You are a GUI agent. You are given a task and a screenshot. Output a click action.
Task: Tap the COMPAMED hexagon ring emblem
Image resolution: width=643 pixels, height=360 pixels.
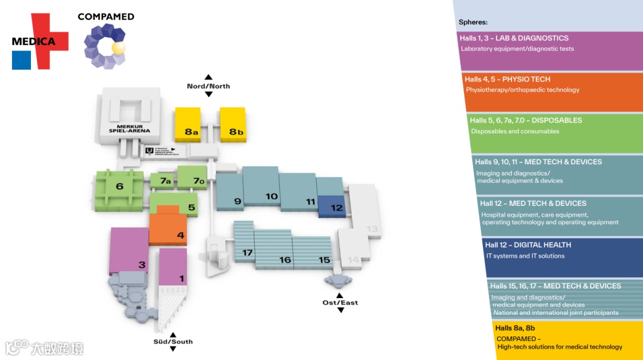pos(105,46)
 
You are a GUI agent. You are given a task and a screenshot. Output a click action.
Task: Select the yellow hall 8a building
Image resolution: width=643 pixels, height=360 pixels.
pos(188,124)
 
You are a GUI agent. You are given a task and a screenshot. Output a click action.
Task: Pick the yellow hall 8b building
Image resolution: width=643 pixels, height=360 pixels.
pos(233,124)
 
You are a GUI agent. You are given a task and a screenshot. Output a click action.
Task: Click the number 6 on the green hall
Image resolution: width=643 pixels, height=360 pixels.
pos(120,187)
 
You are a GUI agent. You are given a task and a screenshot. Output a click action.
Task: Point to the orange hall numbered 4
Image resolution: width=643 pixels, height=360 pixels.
pos(168,228)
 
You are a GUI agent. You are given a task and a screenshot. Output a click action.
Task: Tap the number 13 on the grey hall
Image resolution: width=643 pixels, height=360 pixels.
pos(372,228)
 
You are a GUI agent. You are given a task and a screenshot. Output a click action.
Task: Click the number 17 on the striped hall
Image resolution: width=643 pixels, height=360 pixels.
pos(248,252)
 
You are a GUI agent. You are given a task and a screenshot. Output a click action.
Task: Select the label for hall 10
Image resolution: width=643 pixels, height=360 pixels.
pos(271,196)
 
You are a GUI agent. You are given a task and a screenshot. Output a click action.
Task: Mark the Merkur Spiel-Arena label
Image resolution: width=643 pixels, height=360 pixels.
pos(129,128)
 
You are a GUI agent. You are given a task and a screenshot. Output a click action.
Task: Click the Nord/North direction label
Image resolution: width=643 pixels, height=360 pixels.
pos(208,86)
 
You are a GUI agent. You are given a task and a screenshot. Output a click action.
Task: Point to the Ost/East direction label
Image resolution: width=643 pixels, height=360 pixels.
pos(341,303)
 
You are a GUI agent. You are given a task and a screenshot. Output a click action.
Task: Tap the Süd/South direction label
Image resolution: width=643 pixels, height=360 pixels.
pos(173,342)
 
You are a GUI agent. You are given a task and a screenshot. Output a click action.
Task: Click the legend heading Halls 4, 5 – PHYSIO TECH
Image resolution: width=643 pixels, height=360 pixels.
pos(507,79)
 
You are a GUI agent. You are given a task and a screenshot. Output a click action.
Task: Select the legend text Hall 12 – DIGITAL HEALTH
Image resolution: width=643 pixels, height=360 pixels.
pos(527,245)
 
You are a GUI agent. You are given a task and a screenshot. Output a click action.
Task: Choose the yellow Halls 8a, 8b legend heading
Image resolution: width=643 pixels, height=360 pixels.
pos(515,328)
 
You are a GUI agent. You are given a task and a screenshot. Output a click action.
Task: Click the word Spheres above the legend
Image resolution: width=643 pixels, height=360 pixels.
pos(473,23)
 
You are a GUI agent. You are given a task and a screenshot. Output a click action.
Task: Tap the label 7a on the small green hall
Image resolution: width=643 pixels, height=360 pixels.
pos(164,181)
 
